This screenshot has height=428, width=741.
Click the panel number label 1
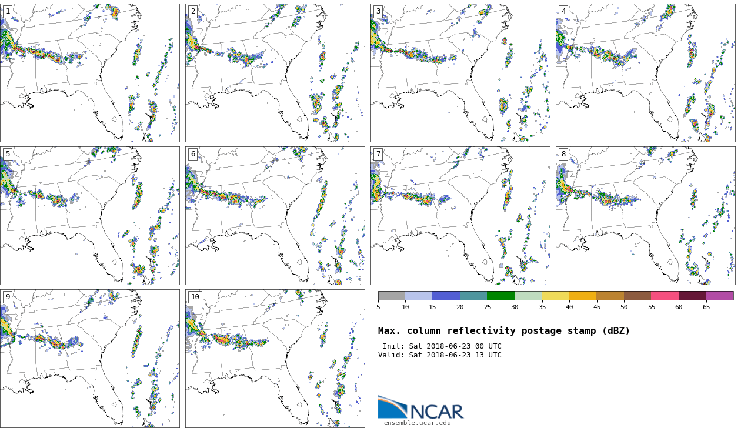[8, 11]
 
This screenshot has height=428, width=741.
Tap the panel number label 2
[193, 11]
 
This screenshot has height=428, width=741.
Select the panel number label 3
[378, 11]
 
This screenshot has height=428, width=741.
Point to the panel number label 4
[563, 11]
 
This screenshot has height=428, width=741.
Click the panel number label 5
[8, 154]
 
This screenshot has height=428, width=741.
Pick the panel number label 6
[193, 154]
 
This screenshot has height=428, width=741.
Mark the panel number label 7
[378, 154]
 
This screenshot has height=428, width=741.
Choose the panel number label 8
[563, 154]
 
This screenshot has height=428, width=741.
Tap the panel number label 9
[8, 297]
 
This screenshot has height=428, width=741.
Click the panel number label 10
[195, 297]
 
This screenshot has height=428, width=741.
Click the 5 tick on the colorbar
[378, 307]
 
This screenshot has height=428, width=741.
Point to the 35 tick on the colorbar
[542, 307]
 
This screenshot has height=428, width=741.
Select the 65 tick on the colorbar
[706, 307]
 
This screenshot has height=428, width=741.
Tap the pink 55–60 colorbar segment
[665, 296]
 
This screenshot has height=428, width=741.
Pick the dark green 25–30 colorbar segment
[500, 296]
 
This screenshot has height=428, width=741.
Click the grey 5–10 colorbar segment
[392, 296]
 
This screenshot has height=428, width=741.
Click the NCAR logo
[420, 409]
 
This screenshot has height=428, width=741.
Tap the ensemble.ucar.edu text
[418, 423]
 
